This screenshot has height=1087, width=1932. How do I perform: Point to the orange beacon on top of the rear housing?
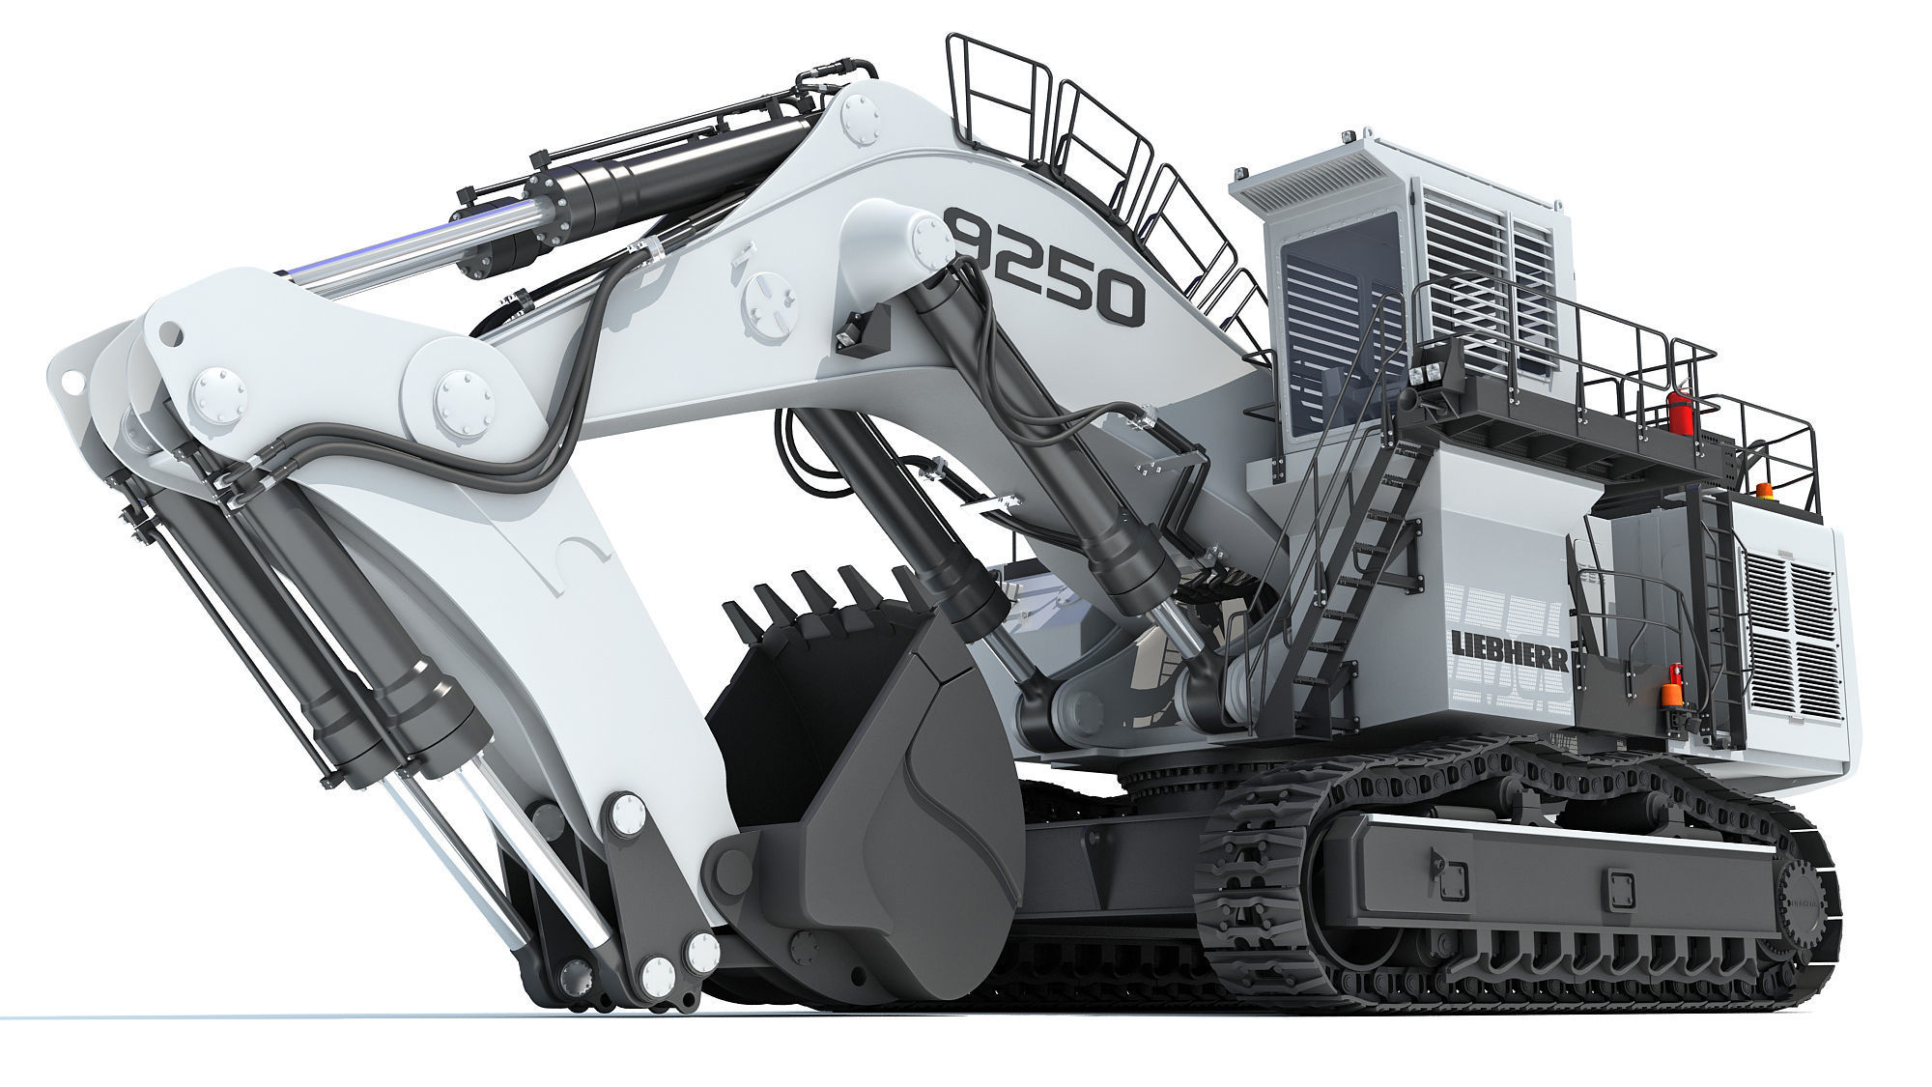click(1764, 490)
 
